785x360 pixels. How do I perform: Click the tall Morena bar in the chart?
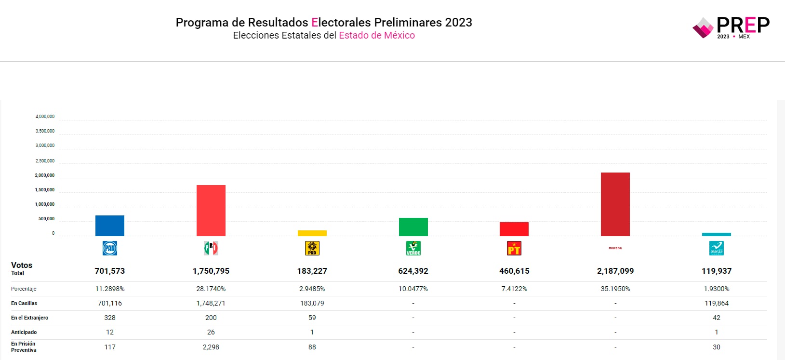[x=615, y=204]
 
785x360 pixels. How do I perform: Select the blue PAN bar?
[x=110, y=226]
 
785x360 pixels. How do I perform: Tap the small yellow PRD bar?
[x=312, y=233]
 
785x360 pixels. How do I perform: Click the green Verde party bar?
[x=413, y=227]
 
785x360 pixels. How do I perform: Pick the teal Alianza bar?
[x=716, y=235]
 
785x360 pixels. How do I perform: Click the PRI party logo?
[x=211, y=248]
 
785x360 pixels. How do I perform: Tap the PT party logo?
[x=514, y=248]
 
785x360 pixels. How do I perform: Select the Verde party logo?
[x=413, y=248]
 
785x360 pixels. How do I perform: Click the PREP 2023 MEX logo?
[x=731, y=27]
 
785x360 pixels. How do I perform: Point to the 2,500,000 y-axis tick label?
[x=45, y=161]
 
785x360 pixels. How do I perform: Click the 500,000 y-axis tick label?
[x=46, y=219]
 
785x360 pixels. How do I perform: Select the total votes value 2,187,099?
[x=615, y=271]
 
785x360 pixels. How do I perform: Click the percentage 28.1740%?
[x=211, y=289]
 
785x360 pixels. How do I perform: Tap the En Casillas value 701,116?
[x=110, y=303]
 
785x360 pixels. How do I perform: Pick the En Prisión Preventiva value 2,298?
[x=211, y=347]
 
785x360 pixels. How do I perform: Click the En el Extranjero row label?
[x=29, y=318]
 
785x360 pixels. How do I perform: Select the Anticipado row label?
[x=24, y=332]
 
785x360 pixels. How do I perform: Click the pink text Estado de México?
[x=376, y=35]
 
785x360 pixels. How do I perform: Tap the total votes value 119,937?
[x=716, y=271]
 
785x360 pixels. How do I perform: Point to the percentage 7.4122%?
[x=514, y=289]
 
